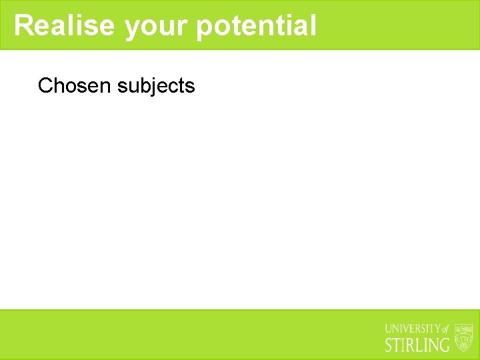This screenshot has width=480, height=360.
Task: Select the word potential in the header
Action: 257,27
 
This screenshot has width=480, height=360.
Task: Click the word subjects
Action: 156,86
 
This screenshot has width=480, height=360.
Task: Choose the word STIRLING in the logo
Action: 418,345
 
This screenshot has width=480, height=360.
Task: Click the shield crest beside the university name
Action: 463,337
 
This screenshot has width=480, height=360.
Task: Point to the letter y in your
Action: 131,28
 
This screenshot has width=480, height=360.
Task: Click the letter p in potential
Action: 205,28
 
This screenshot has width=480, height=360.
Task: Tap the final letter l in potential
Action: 313,25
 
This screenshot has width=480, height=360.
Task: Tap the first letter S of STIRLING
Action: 390,345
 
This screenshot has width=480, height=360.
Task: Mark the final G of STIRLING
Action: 445,345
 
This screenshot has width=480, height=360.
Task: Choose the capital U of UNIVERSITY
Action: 389,329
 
